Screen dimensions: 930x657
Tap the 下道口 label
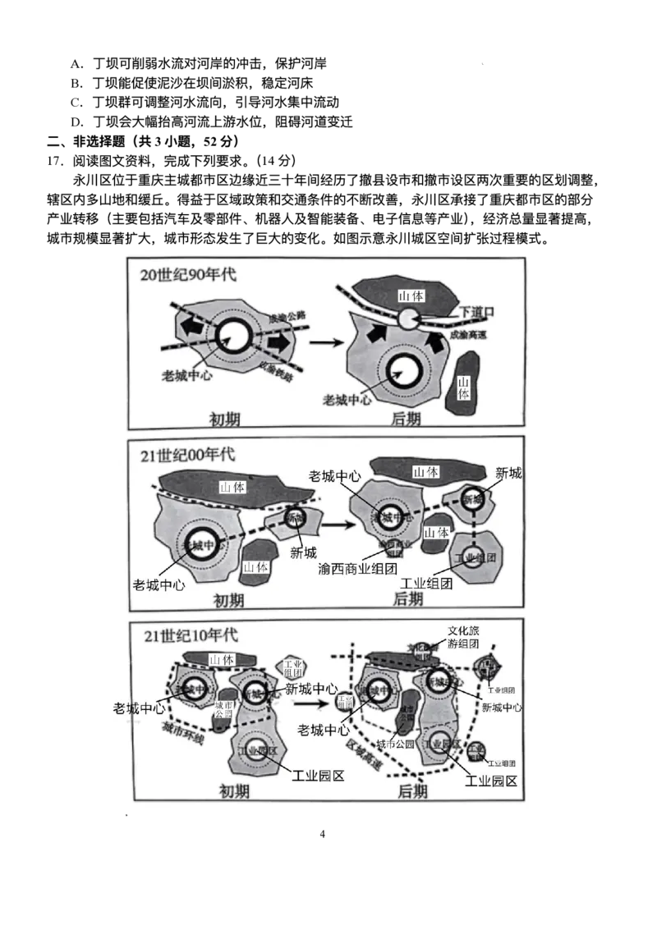tap(477, 313)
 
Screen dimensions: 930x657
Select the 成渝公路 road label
tap(288, 318)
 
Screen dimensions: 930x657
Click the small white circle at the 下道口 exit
tap(409, 318)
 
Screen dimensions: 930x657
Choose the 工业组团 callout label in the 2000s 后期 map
tap(426, 583)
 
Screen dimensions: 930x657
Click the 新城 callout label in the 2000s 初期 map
tap(303, 552)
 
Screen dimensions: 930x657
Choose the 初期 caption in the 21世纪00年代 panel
tap(229, 599)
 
